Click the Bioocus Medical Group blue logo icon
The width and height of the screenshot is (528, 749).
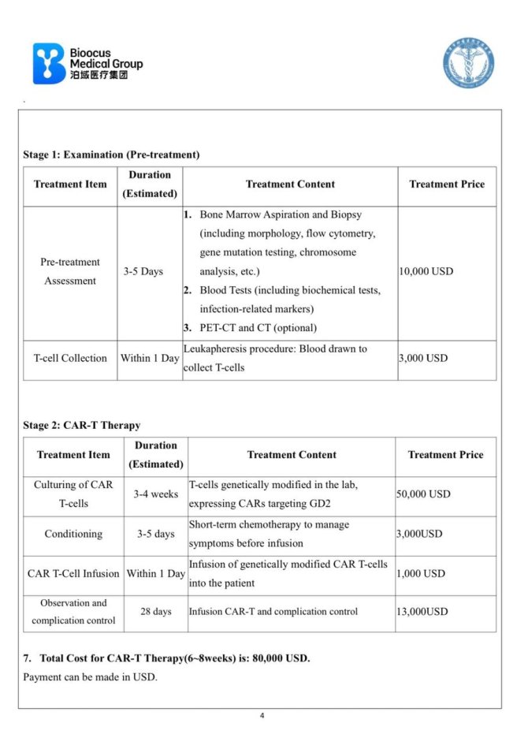click(x=49, y=64)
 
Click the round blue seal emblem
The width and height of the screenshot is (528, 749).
click(x=467, y=62)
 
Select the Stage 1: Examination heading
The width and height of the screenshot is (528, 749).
click(x=111, y=155)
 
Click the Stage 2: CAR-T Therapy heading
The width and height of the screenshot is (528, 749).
click(x=82, y=425)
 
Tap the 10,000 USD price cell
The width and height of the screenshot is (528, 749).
click(x=426, y=271)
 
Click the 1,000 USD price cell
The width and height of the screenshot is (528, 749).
click(x=421, y=573)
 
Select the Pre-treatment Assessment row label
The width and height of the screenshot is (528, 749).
click(x=70, y=271)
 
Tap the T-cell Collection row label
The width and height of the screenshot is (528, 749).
click(x=70, y=358)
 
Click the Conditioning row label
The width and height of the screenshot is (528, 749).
click(x=73, y=534)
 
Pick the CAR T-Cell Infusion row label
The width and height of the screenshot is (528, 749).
click(x=73, y=573)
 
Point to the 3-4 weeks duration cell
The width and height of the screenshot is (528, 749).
click(x=155, y=494)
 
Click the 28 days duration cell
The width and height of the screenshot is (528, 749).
click(x=155, y=612)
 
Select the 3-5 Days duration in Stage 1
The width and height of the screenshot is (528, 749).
click(x=143, y=271)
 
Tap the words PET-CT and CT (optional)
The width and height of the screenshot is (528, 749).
click(x=258, y=328)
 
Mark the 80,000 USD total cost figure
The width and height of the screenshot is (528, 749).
click(x=281, y=658)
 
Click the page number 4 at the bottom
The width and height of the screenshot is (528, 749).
click(x=262, y=716)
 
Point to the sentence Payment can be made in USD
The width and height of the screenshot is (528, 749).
click(x=91, y=677)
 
